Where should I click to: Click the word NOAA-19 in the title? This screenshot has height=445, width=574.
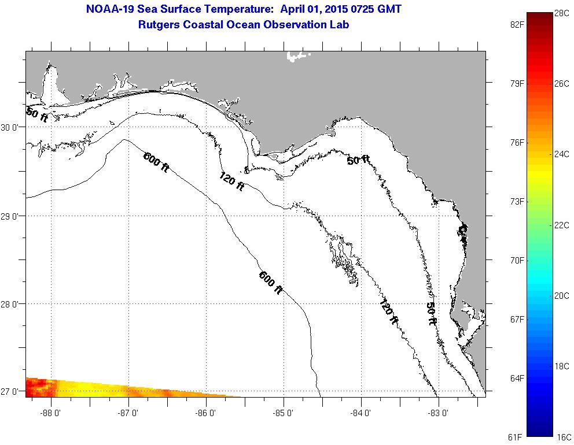click(x=109, y=9)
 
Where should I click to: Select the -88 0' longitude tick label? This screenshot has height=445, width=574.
click(x=51, y=413)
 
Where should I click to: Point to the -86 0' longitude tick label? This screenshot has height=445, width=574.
click(x=206, y=413)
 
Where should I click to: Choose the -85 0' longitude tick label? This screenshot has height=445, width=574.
click(x=284, y=413)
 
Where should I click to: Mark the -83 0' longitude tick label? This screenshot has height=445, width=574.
click(x=439, y=413)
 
